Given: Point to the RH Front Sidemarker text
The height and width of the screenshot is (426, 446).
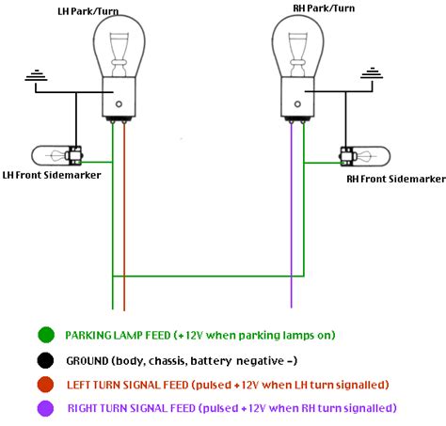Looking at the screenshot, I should click(395, 178).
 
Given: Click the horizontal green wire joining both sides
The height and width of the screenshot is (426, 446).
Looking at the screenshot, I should click(202, 276).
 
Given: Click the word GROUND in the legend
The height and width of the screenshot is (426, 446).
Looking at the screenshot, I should click(91, 359).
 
